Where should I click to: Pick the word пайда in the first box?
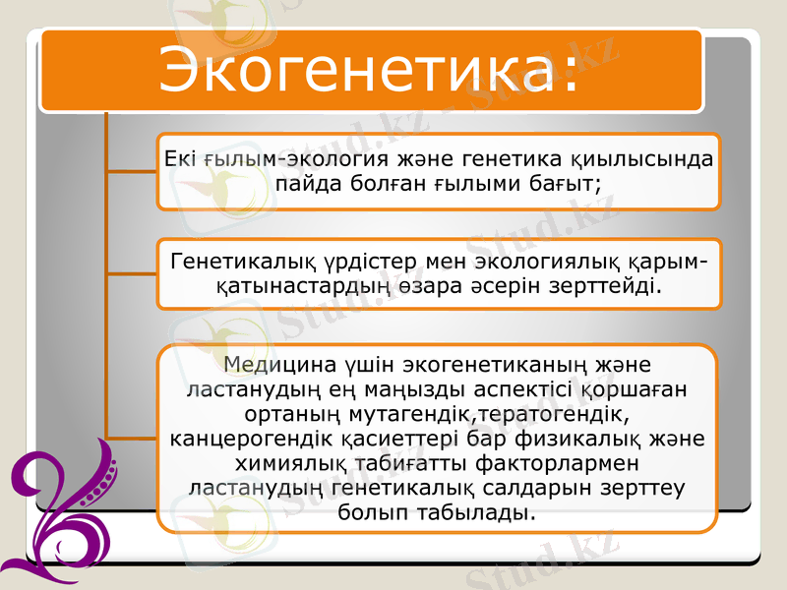(x=312, y=184)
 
